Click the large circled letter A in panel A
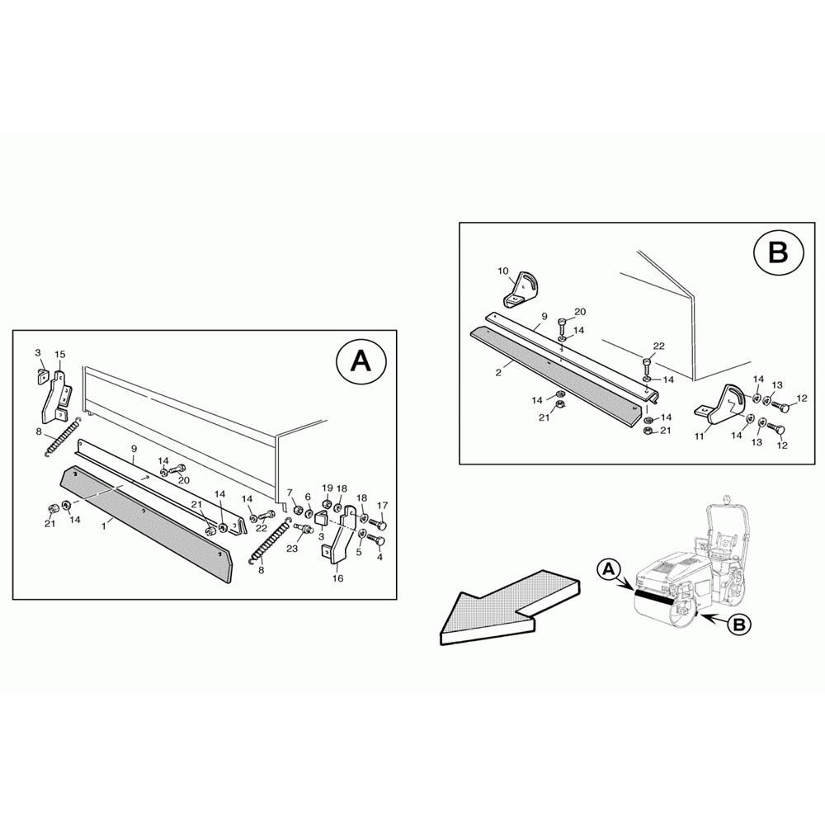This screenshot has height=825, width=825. click(361, 361)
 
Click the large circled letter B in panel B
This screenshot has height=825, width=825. click(779, 252)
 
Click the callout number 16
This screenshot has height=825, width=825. click(337, 578)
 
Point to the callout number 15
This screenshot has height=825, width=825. click(60, 354)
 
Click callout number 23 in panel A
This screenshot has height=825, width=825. click(291, 549)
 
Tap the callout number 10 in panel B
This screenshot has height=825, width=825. click(503, 271)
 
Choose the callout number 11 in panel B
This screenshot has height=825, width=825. click(700, 436)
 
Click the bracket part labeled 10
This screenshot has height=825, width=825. click(522, 291)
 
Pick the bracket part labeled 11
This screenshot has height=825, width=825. click(722, 405)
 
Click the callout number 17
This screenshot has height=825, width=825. click(383, 506)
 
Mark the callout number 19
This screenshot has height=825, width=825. click(328, 488)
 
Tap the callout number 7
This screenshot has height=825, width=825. click(290, 493)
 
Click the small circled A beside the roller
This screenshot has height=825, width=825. click(608, 568)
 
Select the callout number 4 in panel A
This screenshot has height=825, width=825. click(379, 557)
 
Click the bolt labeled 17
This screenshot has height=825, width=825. click(378, 524)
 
